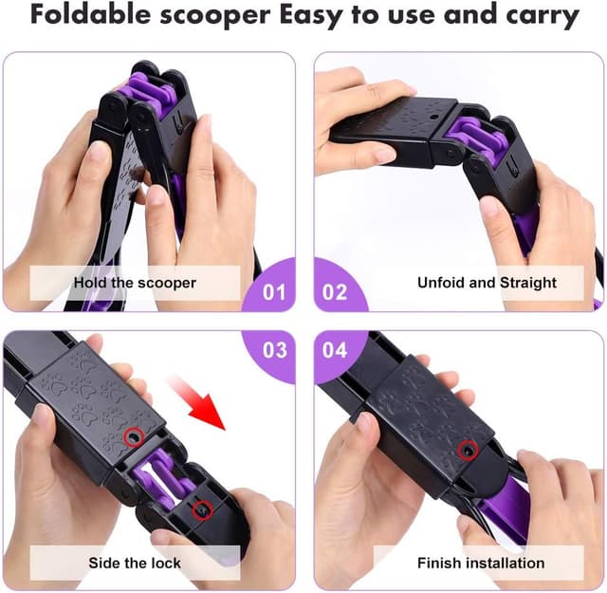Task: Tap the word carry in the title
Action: [544, 16]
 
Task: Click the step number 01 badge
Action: [273, 291]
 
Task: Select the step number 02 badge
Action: [334, 291]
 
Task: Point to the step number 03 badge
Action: [273, 350]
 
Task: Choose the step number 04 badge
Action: [334, 350]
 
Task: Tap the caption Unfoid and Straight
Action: [487, 283]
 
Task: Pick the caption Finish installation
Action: [481, 563]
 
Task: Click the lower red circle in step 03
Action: [201, 510]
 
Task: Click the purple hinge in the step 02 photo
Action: [471, 138]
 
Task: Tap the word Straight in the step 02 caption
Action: [526, 283]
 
